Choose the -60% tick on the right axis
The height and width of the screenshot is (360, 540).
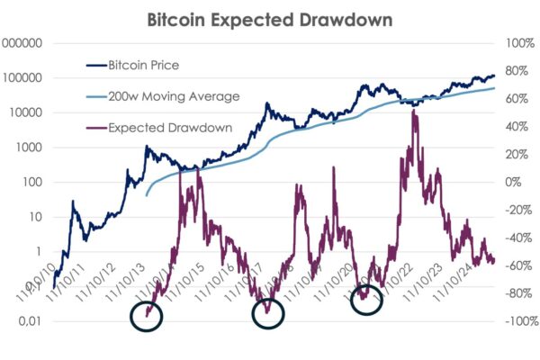(518, 265)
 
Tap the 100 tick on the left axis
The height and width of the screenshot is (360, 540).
(34, 182)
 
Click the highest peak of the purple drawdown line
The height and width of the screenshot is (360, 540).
(413, 109)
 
